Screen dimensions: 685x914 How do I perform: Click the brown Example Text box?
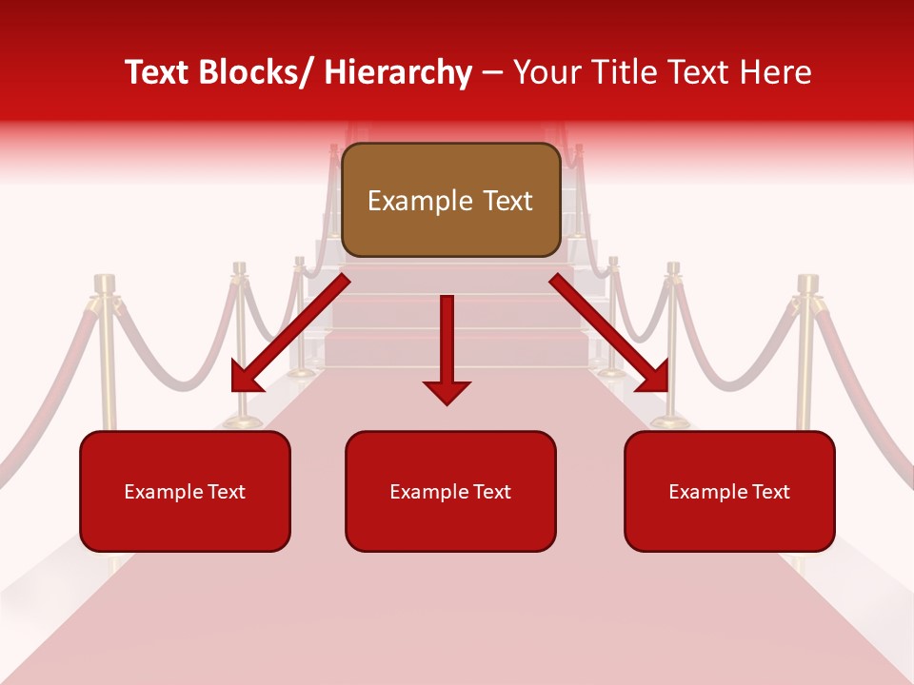pos(450,200)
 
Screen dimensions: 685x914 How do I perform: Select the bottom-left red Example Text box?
pos(185,491)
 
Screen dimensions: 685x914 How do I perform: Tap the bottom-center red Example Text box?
pos(450,491)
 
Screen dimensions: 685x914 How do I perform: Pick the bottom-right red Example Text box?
pos(729,491)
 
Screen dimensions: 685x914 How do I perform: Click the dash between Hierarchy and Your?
pos(492,74)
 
